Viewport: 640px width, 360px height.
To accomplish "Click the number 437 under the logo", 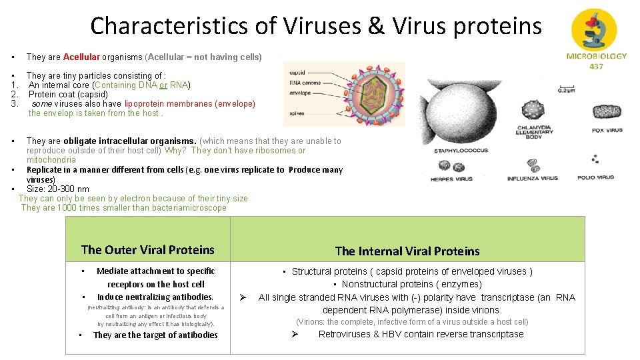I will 597,66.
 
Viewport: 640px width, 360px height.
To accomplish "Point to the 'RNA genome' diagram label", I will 305,83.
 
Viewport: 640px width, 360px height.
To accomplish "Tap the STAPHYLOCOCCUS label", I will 461,151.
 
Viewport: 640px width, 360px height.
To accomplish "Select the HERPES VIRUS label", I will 451,179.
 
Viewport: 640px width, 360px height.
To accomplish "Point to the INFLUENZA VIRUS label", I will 532,179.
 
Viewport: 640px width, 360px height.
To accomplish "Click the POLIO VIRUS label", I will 595,178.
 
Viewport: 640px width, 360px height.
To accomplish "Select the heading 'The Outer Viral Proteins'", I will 147,250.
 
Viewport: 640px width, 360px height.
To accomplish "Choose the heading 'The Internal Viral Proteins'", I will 407,251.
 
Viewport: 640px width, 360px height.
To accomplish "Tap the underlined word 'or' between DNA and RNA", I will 163,85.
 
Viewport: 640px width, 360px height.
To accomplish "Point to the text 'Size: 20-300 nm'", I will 57,189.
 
